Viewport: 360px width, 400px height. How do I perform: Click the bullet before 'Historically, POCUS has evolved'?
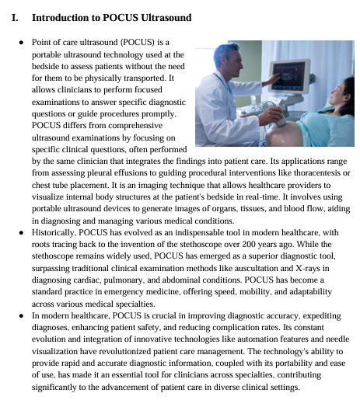(19, 232)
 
